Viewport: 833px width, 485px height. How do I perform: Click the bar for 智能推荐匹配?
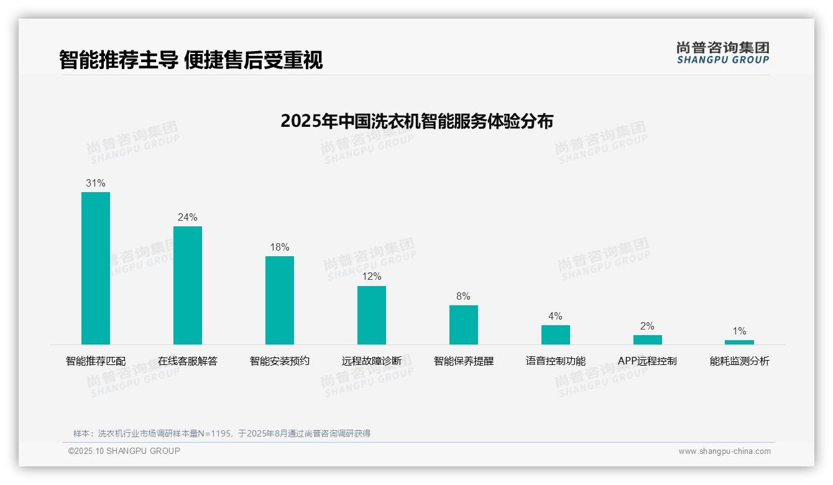[x=96, y=268]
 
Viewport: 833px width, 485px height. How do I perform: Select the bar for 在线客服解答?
[x=188, y=285]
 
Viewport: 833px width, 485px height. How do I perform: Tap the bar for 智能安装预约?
[x=280, y=300]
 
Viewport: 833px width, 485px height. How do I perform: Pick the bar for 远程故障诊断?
[x=372, y=315]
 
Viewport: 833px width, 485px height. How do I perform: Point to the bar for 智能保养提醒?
[x=464, y=325]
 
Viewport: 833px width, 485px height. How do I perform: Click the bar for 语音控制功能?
[x=556, y=335]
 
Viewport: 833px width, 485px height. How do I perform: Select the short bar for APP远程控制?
[x=648, y=339]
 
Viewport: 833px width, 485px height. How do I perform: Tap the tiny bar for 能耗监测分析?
[x=739, y=342]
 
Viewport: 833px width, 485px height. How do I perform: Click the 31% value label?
[x=96, y=183]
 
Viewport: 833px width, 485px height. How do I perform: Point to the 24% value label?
[x=188, y=218]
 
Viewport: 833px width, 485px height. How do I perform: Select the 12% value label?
[x=372, y=277]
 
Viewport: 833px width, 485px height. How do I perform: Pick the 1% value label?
[x=739, y=331]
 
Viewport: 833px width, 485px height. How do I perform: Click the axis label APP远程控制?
[x=647, y=361]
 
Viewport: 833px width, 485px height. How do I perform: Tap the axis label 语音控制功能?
[x=556, y=361]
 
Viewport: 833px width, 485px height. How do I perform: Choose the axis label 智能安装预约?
[x=280, y=361]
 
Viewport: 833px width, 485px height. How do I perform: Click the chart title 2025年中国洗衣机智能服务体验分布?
[x=416, y=121]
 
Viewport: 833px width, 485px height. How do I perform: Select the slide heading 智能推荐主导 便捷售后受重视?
[x=191, y=60]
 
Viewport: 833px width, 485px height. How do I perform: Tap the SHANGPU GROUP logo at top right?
[x=723, y=53]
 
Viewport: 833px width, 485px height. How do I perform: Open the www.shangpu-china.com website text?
[x=724, y=451]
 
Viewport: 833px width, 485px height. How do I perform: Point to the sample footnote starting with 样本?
[x=222, y=433]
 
